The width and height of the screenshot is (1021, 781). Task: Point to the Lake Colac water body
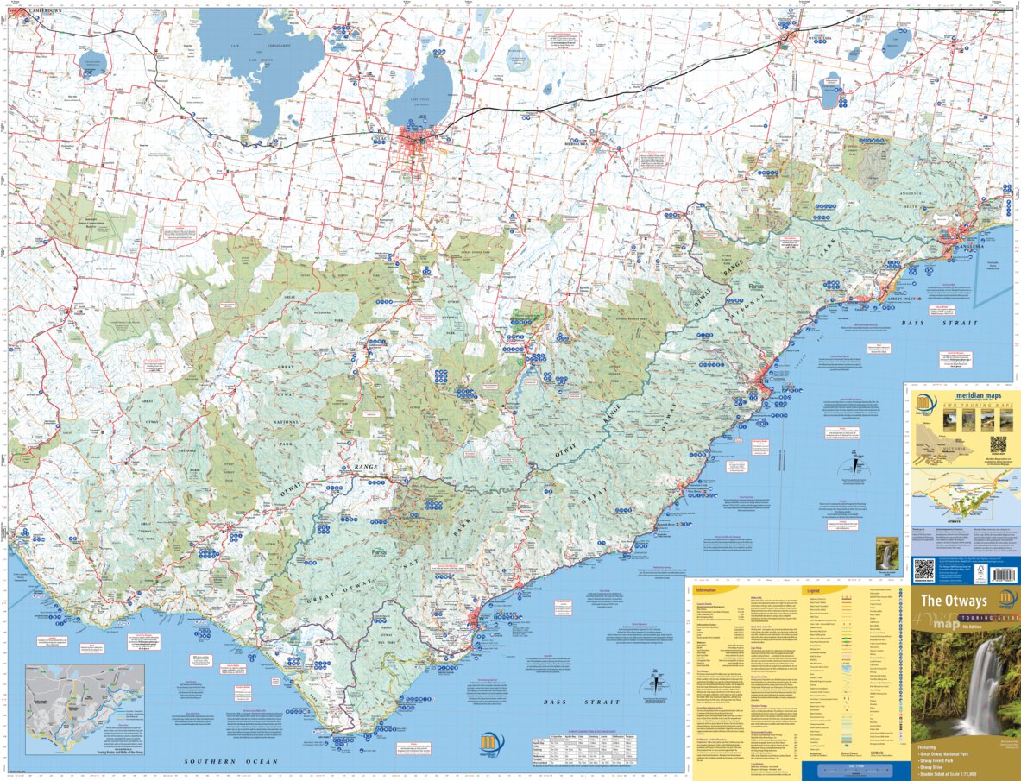click(x=420, y=91)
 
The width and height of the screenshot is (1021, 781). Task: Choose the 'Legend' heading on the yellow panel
click(x=816, y=591)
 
